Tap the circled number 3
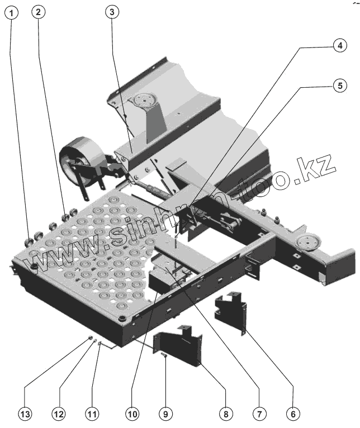pyautogui.click(x=112, y=12)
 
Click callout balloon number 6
pyautogui.click(x=292, y=414)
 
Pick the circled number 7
pyautogui.click(x=258, y=414)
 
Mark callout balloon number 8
pyautogui.click(x=225, y=414)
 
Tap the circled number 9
pyautogui.click(x=164, y=414)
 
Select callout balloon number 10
pyautogui.click(x=132, y=414)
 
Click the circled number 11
pyautogui.click(x=92, y=414)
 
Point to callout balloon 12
pyautogui.click(x=59, y=414)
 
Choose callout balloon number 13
pyautogui.click(x=25, y=414)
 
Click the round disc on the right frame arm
pyautogui.click(x=306, y=242)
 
